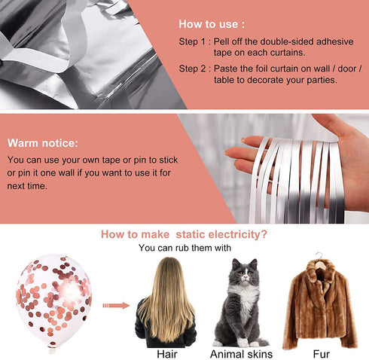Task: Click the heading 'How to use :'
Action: pyautogui.click(x=212, y=24)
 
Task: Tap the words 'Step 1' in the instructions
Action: pyautogui.click(x=192, y=41)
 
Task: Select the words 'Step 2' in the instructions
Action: pyautogui.click(x=192, y=69)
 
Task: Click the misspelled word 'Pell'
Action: pyautogui.click(x=221, y=41)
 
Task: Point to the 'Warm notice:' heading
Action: pyautogui.click(x=43, y=143)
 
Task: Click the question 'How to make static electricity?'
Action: pyautogui.click(x=184, y=234)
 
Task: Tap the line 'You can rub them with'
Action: pyautogui.click(x=184, y=248)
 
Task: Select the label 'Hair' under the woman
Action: pyautogui.click(x=167, y=354)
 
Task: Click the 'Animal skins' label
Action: pyautogui.click(x=242, y=354)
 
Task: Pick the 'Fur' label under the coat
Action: pyautogui.click(x=321, y=354)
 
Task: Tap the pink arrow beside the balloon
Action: pyautogui.click(x=116, y=306)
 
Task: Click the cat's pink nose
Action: pyautogui.click(x=245, y=277)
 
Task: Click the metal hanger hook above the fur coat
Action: pyautogui.click(x=319, y=257)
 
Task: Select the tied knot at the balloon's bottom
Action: pyautogui.click(x=52, y=350)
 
